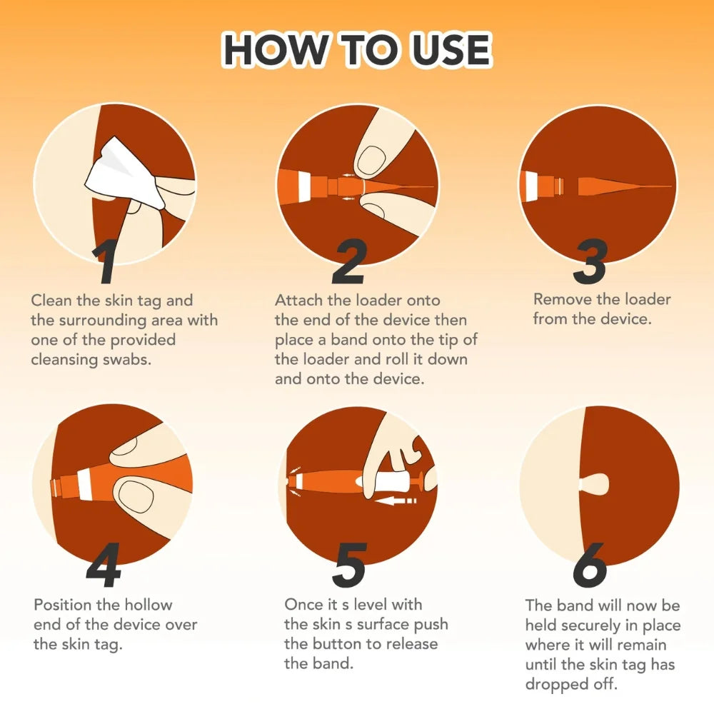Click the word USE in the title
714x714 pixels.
[451, 49]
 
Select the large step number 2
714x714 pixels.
[349, 261]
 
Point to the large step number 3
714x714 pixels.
[590, 261]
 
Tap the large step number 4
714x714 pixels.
[104, 565]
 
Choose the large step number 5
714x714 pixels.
[349, 565]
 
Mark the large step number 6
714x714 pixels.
[590, 565]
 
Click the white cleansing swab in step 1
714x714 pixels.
[124, 173]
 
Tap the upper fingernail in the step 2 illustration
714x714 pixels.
[371, 160]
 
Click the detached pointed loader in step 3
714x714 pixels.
[624, 186]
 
